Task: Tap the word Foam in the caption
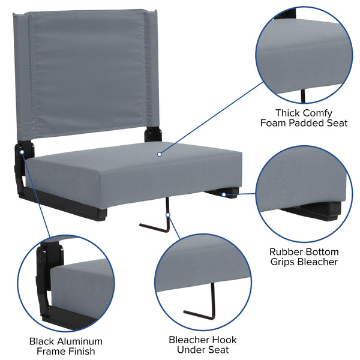(x=272, y=123)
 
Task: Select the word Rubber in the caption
(x=286, y=251)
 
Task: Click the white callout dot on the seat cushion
(x=159, y=154)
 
